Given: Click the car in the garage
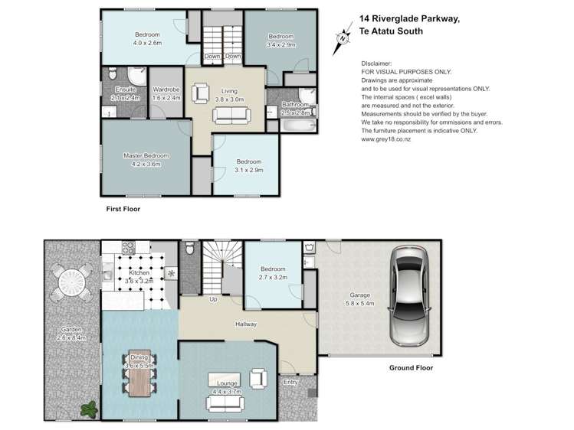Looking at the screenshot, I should point(412,296).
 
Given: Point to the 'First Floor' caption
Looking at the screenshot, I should point(123,208).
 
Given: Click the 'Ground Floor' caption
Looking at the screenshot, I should point(410,367).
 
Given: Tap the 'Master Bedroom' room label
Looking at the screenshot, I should point(146,155).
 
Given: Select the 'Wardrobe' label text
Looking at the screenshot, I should point(166,90).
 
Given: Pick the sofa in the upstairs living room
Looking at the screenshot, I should point(231,116).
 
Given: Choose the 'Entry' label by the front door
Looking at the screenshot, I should point(292,381).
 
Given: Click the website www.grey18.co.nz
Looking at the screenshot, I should point(390,139).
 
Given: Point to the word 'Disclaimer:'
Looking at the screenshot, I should point(377,64).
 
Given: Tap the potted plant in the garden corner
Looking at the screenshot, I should point(89,409).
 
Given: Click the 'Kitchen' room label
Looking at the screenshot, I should point(139,273).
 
